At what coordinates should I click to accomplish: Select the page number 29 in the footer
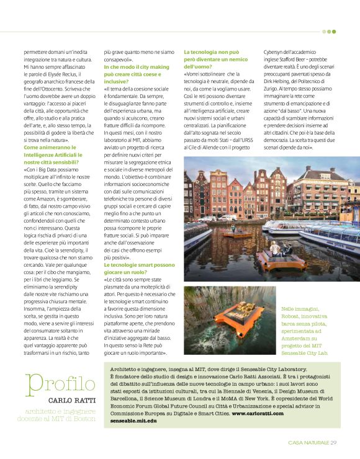pyautogui.click(x=333, y=442)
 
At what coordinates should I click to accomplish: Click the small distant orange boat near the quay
pyautogui.click(x=233, y=234)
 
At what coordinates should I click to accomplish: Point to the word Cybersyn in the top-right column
pyautogui.click(x=275, y=53)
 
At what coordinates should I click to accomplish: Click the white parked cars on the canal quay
pyautogui.click(x=214, y=217)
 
